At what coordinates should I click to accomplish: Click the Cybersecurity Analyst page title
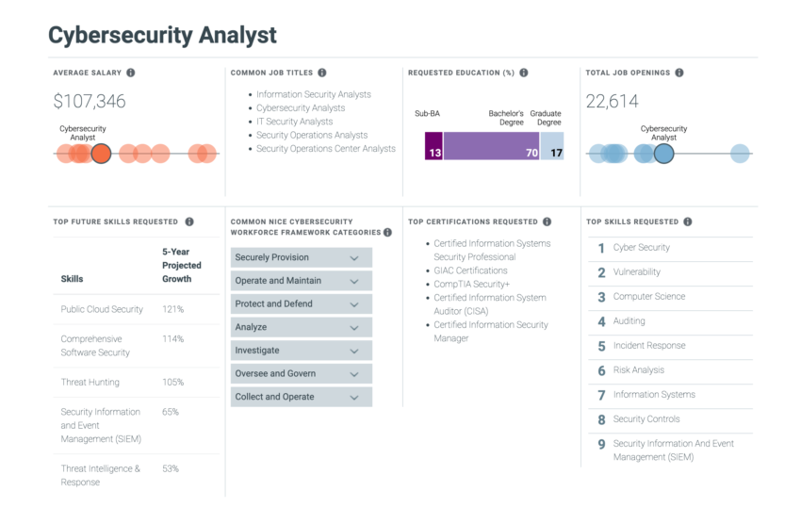click(x=162, y=36)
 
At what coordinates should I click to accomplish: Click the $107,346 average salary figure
click(x=89, y=102)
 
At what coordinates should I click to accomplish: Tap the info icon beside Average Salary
click(x=130, y=73)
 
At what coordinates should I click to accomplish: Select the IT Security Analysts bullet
click(x=294, y=122)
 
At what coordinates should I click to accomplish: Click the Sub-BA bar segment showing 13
click(x=433, y=146)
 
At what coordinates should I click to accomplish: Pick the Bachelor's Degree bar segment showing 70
click(x=491, y=146)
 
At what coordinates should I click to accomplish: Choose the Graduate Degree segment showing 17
click(x=552, y=146)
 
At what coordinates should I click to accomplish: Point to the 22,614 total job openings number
click(x=612, y=102)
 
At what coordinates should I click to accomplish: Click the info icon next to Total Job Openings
click(x=678, y=73)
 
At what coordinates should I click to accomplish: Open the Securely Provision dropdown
click(x=301, y=257)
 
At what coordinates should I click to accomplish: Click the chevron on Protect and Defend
click(x=354, y=304)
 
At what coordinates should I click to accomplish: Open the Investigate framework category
click(x=301, y=351)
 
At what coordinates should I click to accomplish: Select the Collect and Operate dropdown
click(x=301, y=397)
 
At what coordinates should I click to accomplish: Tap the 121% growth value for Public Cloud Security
click(x=172, y=309)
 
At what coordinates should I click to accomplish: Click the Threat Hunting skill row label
click(x=90, y=383)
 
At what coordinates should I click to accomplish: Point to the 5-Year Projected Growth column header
click(x=181, y=266)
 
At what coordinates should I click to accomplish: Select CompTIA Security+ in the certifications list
click(x=471, y=284)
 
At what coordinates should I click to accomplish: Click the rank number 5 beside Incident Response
click(x=601, y=346)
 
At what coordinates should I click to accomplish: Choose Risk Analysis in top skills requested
click(x=638, y=370)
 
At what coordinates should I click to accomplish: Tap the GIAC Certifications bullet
click(x=469, y=270)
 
